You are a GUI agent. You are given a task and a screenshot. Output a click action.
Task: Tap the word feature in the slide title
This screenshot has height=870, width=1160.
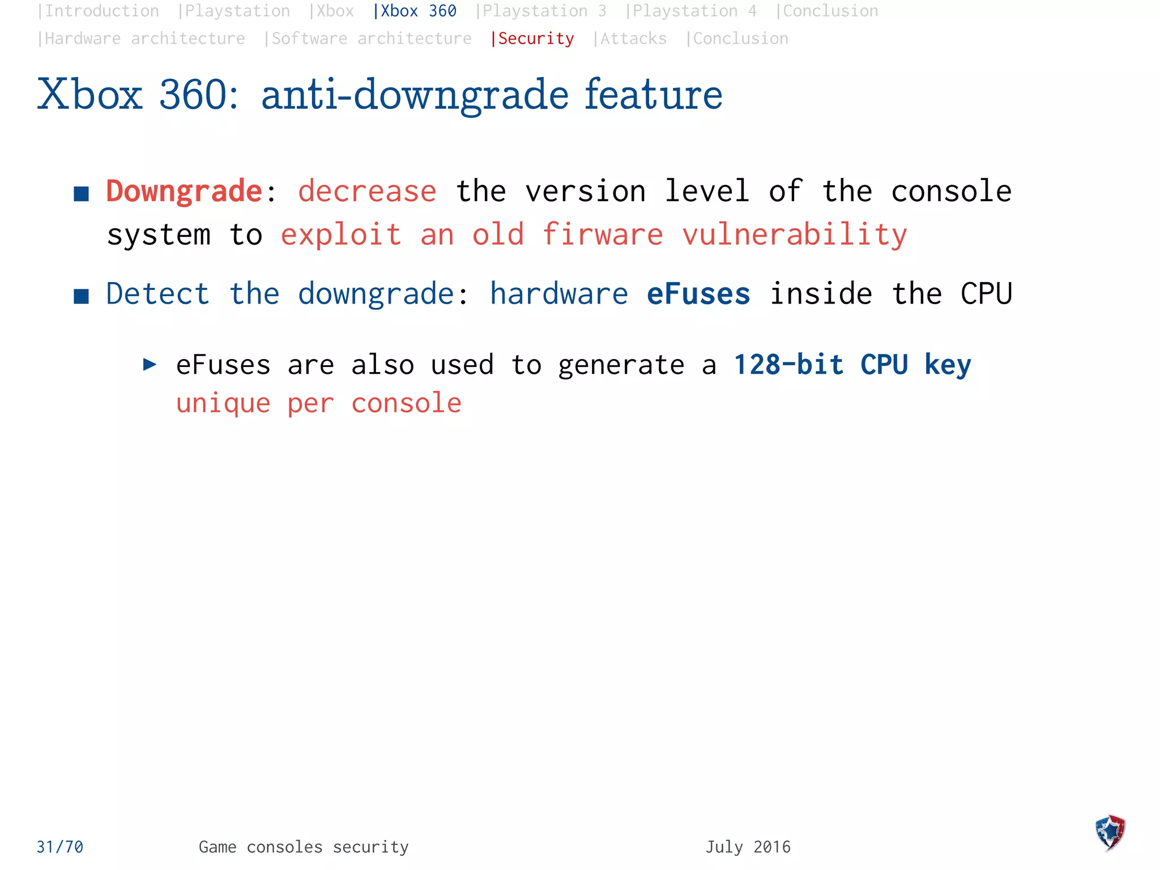point(653,95)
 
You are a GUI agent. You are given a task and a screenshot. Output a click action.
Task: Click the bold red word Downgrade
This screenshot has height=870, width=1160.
point(184,191)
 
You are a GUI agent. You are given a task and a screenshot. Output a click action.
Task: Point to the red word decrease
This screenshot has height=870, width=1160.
point(367,191)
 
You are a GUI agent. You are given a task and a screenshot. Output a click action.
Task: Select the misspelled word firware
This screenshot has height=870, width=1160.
point(603,234)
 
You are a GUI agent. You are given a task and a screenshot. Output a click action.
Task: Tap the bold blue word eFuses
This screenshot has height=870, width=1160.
point(698,294)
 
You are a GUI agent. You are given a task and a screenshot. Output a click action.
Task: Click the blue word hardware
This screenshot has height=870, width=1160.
point(559,294)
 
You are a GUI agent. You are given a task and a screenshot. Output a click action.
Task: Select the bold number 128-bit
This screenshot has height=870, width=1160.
point(788,365)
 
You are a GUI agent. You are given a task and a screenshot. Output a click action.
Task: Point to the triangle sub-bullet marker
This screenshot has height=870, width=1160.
point(150,364)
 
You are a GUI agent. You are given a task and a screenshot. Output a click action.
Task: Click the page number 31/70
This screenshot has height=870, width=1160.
point(60,847)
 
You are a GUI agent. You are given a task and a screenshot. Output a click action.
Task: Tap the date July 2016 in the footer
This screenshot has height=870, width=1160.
point(748,847)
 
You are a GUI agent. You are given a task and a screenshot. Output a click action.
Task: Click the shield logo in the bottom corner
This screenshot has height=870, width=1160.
point(1110,833)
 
